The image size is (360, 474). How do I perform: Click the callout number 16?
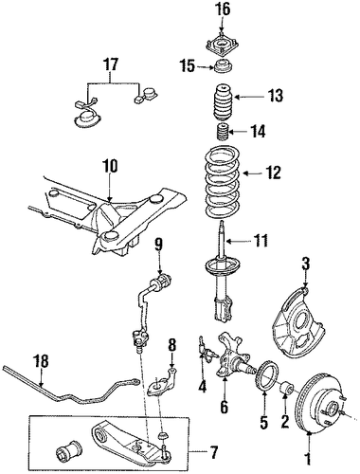click(x=224, y=9)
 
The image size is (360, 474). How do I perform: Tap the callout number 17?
click(x=111, y=64)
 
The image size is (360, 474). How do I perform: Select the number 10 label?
click(x=110, y=166)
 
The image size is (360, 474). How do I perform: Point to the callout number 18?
click(x=41, y=361)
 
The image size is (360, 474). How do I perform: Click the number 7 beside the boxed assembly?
click(x=214, y=452)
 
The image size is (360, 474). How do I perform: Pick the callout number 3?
click(x=306, y=264)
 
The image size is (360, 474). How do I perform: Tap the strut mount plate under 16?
click(x=222, y=45)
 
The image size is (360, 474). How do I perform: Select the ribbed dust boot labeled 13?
click(x=222, y=102)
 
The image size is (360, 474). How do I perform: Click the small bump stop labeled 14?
click(x=222, y=134)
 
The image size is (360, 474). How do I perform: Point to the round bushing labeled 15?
click(x=223, y=66)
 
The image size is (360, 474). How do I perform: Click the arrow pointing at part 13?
click(x=244, y=97)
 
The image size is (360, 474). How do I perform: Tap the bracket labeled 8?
click(x=164, y=382)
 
